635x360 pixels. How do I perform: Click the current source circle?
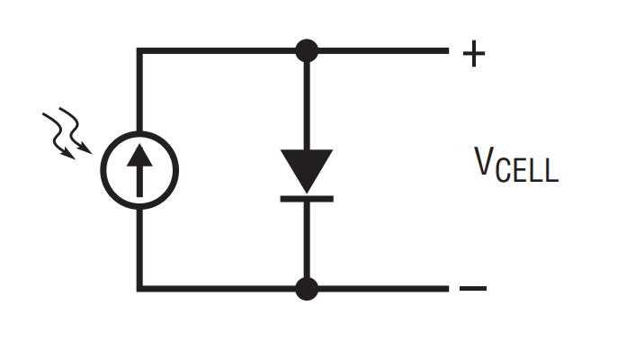tap(103, 170)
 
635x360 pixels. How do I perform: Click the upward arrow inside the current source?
tap(139, 170)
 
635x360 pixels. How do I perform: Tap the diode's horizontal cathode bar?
tap(307, 199)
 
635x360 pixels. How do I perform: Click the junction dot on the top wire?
tap(307, 50)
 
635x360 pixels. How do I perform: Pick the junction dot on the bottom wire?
tap(307, 289)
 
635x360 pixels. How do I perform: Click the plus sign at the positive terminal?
tap(474, 53)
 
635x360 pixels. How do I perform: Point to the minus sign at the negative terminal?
tap(473, 288)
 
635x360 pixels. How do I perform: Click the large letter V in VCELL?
tap(484, 161)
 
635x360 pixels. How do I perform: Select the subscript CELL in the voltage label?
tap(527, 170)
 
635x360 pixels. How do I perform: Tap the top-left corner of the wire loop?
tap(139, 50)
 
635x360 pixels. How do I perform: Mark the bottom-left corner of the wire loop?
tap(139, 289)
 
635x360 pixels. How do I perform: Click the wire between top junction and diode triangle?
tap(307, 106)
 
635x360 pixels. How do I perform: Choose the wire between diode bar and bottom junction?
tap(307, 239)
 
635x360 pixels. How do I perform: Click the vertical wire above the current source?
tap(139, 91)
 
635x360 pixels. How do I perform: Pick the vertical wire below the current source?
tap(139, 248)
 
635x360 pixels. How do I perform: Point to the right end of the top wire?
tap(448, 50)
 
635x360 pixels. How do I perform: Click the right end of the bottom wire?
tap(448, 289)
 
